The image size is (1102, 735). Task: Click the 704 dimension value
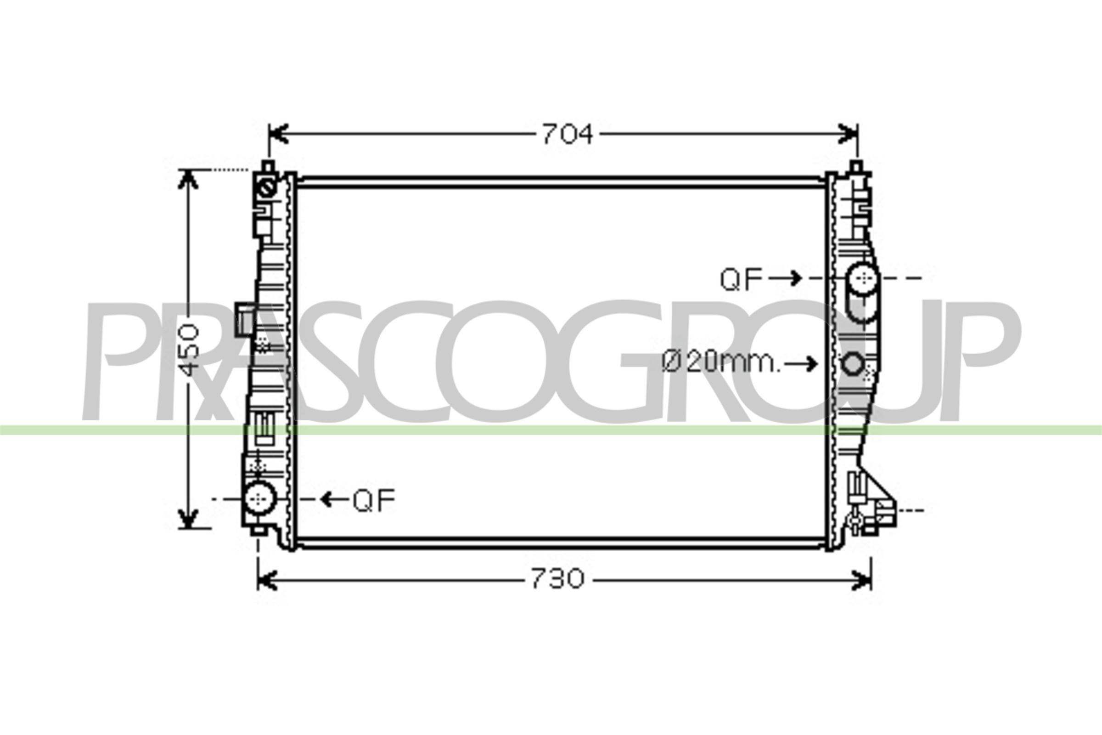(x=568, y=134)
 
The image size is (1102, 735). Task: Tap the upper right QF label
(x=741, y=279)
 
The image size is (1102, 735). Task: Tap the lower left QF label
(x=374, y=500)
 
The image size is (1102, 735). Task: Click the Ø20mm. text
(x=721, y=362)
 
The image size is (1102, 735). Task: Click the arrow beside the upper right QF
(x=785, y=278)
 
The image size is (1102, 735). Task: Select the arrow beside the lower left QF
(x=335, y=500)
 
